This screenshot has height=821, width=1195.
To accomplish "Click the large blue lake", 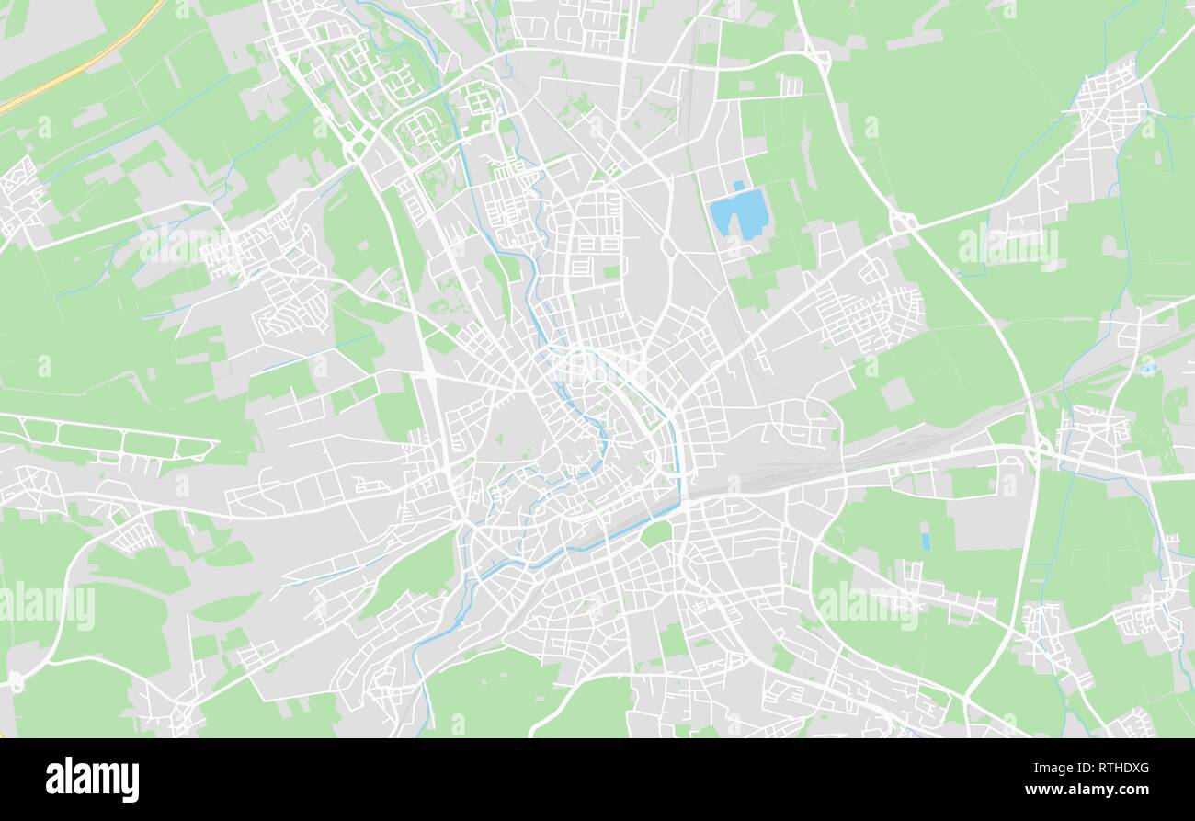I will click(737, 213).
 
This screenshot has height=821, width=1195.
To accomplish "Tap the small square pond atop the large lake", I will click(737, 186).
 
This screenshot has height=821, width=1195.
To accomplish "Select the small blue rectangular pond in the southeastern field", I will click(925, 542).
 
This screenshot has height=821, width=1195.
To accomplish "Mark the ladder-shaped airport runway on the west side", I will click(106, 439).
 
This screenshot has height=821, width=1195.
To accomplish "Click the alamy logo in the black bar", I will click(92, 779).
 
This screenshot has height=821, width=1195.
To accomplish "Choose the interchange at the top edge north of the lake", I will click(817, 61).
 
